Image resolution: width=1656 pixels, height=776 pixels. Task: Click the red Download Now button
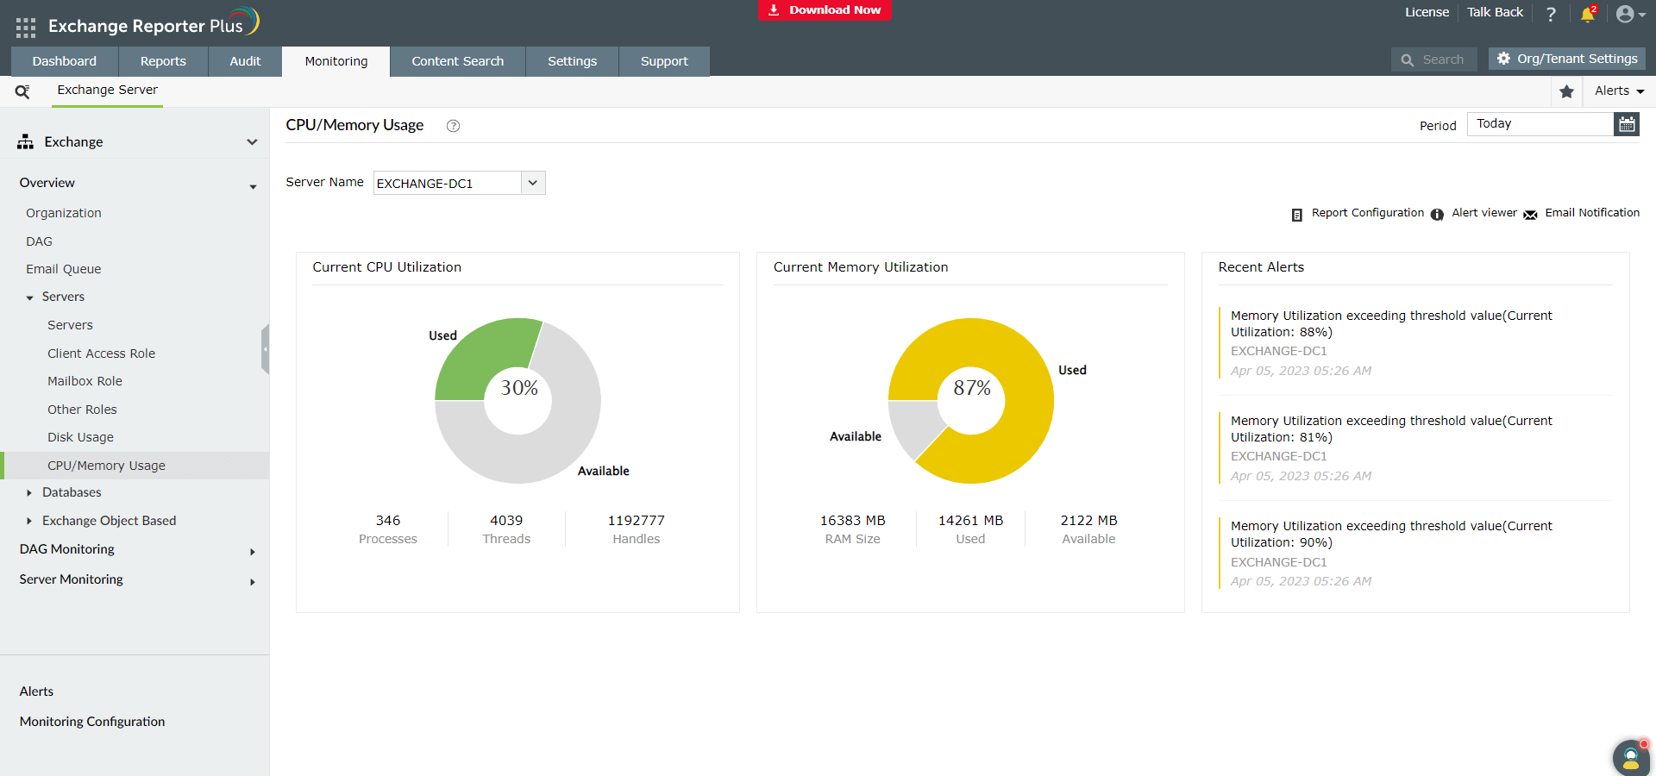point(825,10)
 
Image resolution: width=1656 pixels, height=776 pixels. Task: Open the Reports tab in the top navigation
point(163,61)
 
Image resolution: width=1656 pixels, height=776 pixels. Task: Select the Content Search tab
point(457,61)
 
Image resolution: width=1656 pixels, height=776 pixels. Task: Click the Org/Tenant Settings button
point(1566,59)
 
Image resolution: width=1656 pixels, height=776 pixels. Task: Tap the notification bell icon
point(1587,14)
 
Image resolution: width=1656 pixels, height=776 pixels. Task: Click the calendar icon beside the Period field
point(1626,124)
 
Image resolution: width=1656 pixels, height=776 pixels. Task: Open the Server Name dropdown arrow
point(533,183)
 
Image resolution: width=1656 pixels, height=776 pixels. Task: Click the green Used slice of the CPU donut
point(481,355)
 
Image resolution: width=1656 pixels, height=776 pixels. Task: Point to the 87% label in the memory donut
point(972,388)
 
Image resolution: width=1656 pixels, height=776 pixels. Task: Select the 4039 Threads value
point(506,521)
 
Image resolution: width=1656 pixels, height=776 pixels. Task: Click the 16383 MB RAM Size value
point(852,521)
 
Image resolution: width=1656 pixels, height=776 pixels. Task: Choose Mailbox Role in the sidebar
point(85,381)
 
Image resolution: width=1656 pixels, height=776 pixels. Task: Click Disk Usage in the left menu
point(80,437)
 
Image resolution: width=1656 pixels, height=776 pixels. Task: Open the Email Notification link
point(1591,213)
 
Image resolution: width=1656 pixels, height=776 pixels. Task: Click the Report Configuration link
point(1367,213)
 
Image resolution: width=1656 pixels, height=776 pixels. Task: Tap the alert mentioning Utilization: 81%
point(1390,429)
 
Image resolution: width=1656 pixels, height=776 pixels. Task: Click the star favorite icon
point(1566,91)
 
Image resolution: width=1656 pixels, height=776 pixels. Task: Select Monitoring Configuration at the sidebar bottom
point(92,722)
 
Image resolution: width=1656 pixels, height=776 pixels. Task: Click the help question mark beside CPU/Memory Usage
point(453,126)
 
